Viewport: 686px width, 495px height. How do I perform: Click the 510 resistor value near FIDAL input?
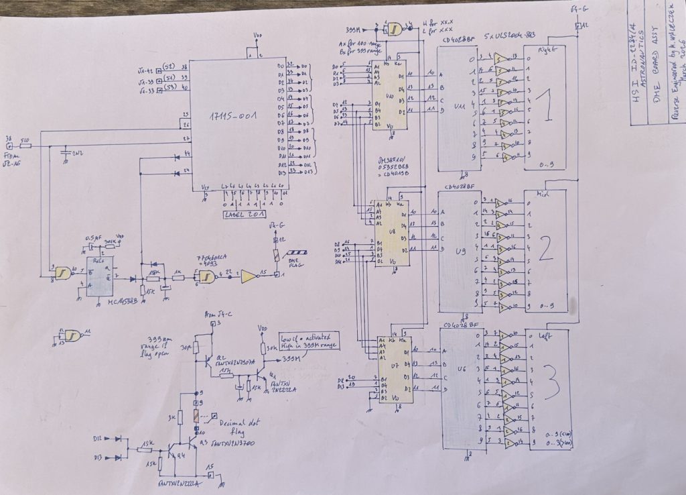25,141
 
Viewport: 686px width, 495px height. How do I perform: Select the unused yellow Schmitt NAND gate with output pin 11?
70,335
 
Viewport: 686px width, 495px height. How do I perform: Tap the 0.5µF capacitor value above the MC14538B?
92,237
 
